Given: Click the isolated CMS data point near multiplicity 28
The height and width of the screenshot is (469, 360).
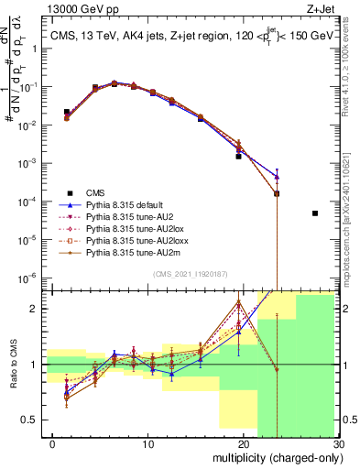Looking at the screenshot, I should [315, 213].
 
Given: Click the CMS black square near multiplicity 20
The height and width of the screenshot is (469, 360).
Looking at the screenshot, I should [238, 157].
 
